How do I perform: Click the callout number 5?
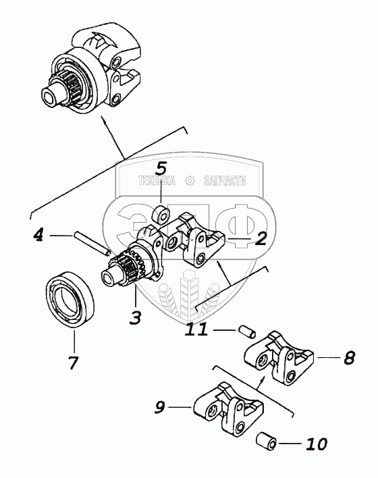click(161, 169)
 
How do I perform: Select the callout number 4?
click(38, 235)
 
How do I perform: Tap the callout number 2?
click(261, 238)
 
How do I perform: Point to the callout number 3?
click(135, 317)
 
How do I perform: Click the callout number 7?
click(73, 362)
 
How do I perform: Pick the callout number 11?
click(197, 329)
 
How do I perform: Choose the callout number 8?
click(350, 358)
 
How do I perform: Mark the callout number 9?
click(161, 407)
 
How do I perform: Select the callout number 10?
click(317, 444)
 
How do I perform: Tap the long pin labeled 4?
click(91, 243)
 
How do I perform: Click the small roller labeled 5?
click(161, 215)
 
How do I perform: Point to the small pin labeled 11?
click(246, 331)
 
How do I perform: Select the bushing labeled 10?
click(266, 441)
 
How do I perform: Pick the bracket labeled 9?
click(229, 409)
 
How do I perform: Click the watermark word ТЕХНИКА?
click(157, 181)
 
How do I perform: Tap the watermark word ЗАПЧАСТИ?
click(224, 181)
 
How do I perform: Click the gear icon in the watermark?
click(190, 181)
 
